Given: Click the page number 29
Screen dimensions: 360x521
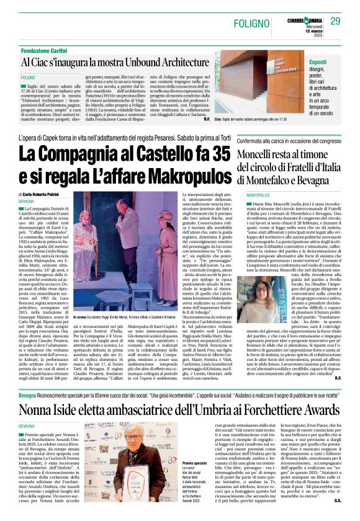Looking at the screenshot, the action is (x=335, y=22).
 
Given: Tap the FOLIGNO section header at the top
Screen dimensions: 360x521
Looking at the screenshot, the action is (x=252, y=22).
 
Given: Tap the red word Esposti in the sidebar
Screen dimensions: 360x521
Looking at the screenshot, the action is (x=319, y=63).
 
